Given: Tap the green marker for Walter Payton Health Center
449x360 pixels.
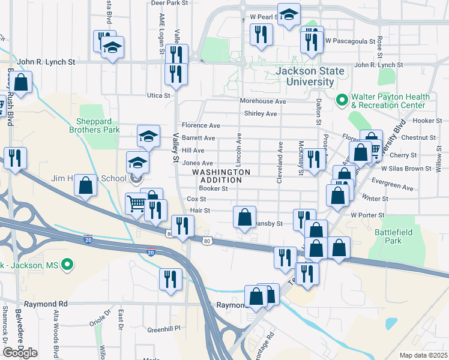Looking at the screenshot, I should point(342,100).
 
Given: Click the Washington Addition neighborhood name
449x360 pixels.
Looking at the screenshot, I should point(221,176).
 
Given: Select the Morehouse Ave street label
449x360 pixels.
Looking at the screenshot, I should point(263,101).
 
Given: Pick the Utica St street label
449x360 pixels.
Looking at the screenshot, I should point(159,95).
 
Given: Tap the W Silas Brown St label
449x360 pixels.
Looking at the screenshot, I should point(406,169).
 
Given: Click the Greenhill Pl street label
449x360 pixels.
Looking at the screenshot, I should point(164,329).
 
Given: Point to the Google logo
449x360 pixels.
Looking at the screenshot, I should point(20,353).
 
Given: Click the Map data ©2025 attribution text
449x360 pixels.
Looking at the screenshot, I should point(423,355).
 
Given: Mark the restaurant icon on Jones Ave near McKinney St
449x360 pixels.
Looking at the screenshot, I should point(312,160).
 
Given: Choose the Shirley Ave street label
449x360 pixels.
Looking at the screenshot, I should point(260,113).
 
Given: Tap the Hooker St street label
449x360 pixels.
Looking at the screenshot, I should point(428,121).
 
